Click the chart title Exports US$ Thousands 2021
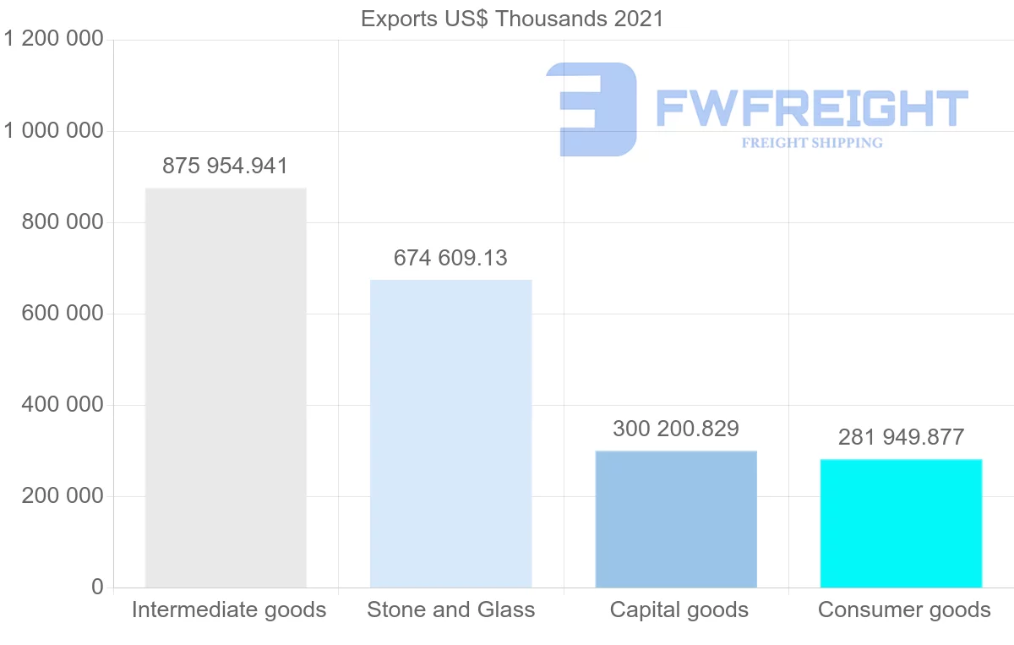pyautogui.click(x=512, y=19)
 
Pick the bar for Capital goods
pyautogui.click(x=676, y=519)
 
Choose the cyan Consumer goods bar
pyautogui.click(x=901, y=523)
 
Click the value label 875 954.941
pyautogui.click(x=226, y=166)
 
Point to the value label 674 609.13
pyautogui.click(x=451, y=258)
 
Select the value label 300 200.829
pyautogui.click(x=676, y=429)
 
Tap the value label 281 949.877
pyautogui.click(x=901, y=437)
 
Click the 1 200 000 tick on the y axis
pyautogui.click(x=54, y=39)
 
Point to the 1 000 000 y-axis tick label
pyautogui.click(x=54, y=130)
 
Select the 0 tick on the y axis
pyautogui.click(x=97, y=587)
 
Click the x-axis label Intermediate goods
pyautogui.click(x=229, y=609)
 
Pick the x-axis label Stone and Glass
pyautogui.click(x=451, y=609)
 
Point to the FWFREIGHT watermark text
pyautogui.click(x=811, y=109)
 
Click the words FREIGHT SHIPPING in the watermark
pyautogui.click(x=812, y=143)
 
